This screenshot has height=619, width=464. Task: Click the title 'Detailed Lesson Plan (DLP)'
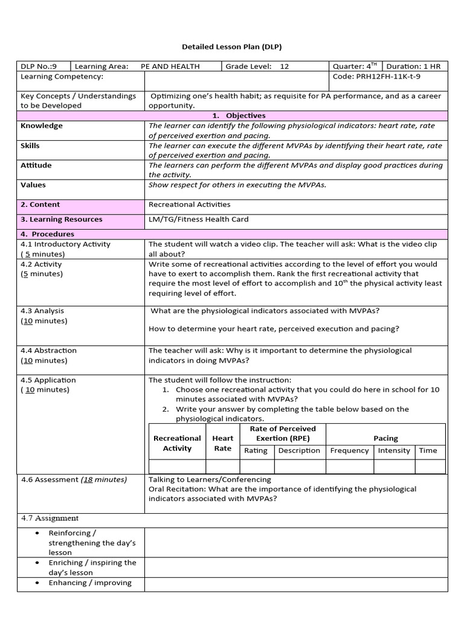click(x=232, y=47)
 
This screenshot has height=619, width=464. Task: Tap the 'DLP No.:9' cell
click(x=39, y=66)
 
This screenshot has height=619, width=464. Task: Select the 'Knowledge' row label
click(x=42, y=126)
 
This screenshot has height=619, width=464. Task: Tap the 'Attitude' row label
click(x=36, y=165)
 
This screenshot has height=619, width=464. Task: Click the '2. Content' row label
click(x=40, y=204)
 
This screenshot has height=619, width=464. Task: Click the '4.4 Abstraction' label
click(x=49, y=350)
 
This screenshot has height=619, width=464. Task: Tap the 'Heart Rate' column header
click(x=222, y=443)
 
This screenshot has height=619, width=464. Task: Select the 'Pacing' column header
click(x=385, y=438)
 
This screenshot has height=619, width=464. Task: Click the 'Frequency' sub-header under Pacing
click(x=349, y=450)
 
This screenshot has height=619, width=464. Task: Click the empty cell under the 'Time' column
click(x=430, y=466)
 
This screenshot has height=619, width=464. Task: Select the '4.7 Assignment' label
click(x=50, y=518)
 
